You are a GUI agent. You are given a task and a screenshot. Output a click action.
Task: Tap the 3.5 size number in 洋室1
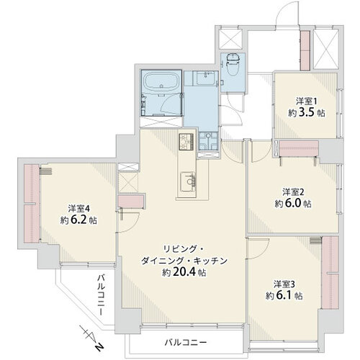[x=308, y=112]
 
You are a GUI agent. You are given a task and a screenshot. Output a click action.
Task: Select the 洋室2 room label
[x=291, y=192]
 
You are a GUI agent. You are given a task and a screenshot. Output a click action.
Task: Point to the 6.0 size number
[x=295, y=204]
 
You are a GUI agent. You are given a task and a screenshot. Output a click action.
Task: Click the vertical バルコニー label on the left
[x=102, y=297]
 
